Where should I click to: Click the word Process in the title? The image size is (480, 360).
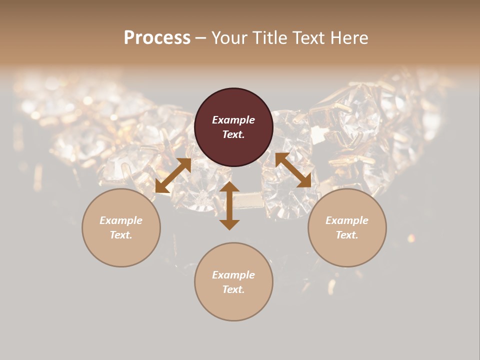(157, 38)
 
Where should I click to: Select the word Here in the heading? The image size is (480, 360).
(350, 38)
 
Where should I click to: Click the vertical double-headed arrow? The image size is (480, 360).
(229, 205)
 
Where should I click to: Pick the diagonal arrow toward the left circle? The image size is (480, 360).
(173, 175)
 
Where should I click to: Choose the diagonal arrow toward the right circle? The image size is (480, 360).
(293, 170)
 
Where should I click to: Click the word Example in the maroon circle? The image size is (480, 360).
(233, 120)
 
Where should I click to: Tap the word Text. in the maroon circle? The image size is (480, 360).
(233, 134)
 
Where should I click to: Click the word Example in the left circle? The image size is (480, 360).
(121, 220)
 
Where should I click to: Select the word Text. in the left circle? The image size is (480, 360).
(121, 235)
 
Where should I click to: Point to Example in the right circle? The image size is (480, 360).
(347, 220)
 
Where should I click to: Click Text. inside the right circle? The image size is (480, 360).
(347, 235)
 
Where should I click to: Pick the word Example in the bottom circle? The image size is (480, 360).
(233, 275)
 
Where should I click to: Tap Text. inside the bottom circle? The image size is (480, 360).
(233, 289)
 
